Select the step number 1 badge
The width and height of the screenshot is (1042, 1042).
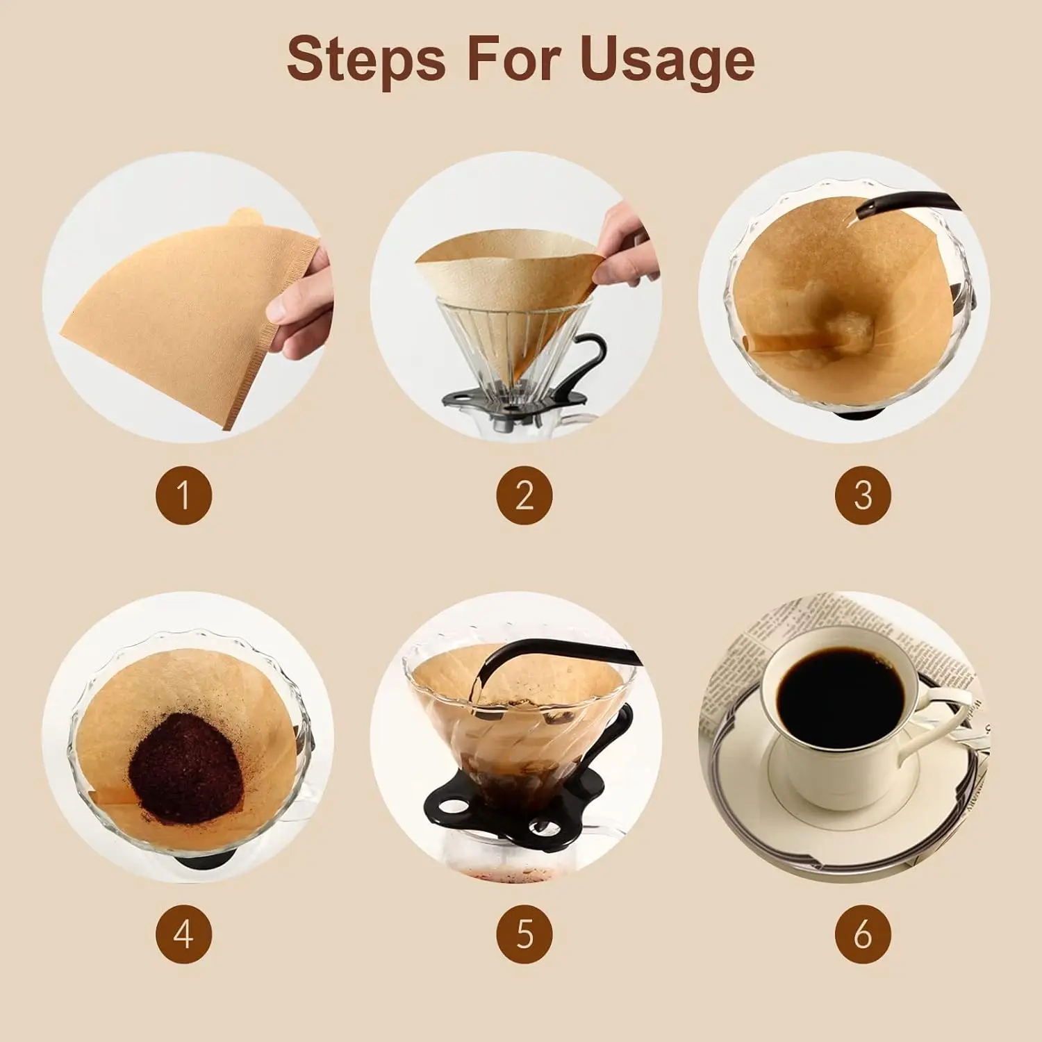tap(183, 495)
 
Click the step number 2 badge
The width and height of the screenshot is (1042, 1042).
tap(524, 495)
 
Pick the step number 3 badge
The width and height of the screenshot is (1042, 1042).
tap(863, 495)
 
